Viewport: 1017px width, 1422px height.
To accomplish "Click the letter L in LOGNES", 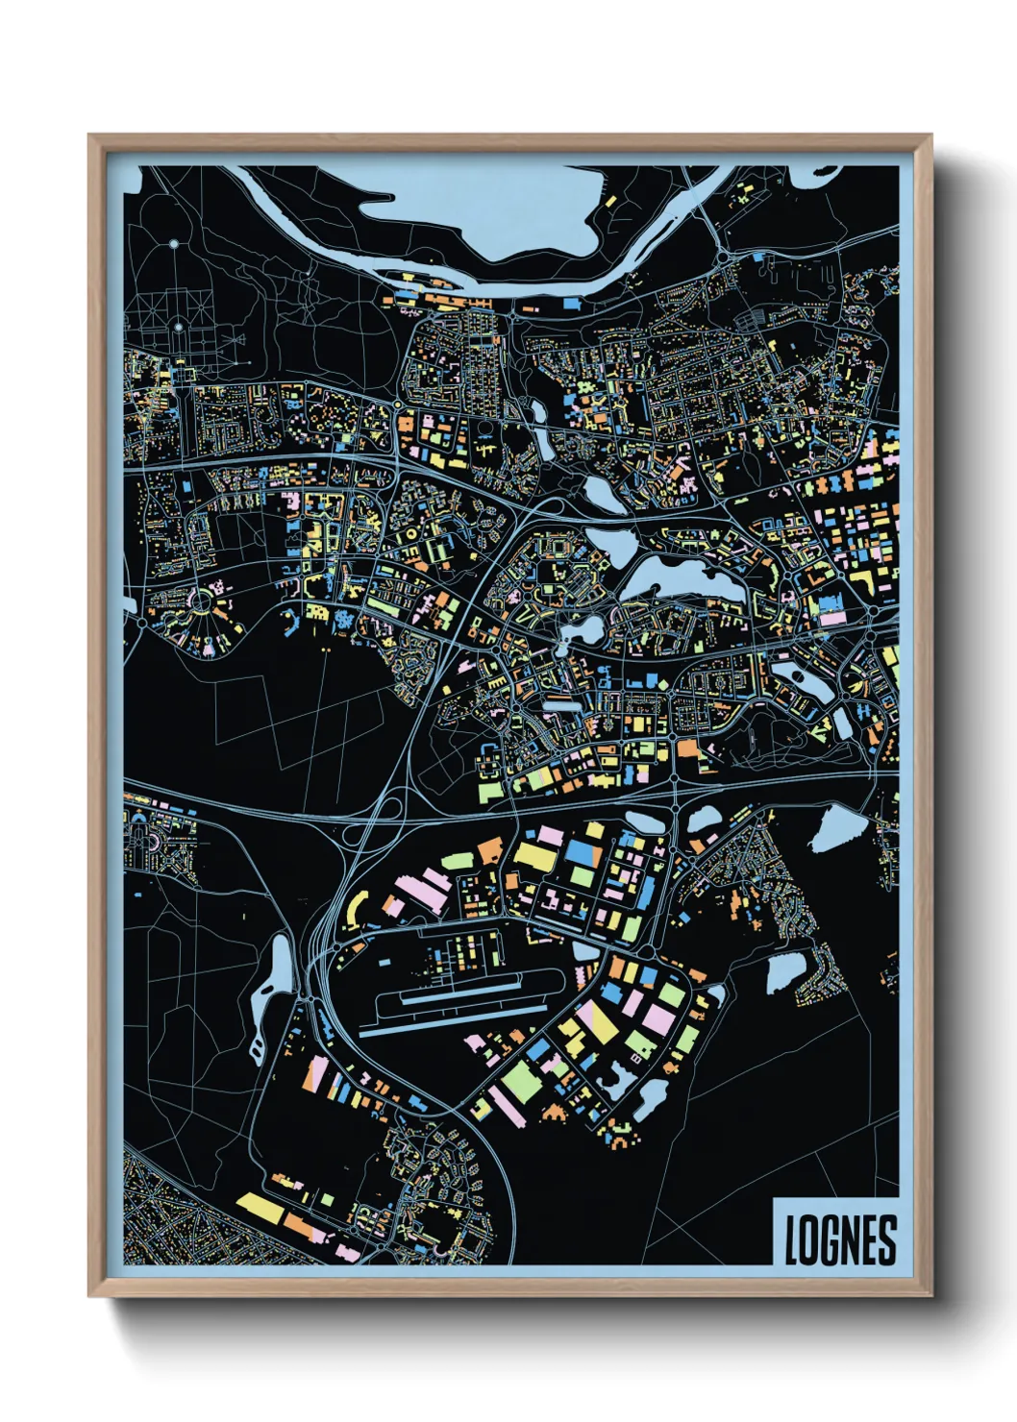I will tap(792, 1240).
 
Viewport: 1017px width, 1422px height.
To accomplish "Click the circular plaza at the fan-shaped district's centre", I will tap(202, 603).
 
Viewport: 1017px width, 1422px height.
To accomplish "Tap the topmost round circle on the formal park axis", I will tap(174, 245).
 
